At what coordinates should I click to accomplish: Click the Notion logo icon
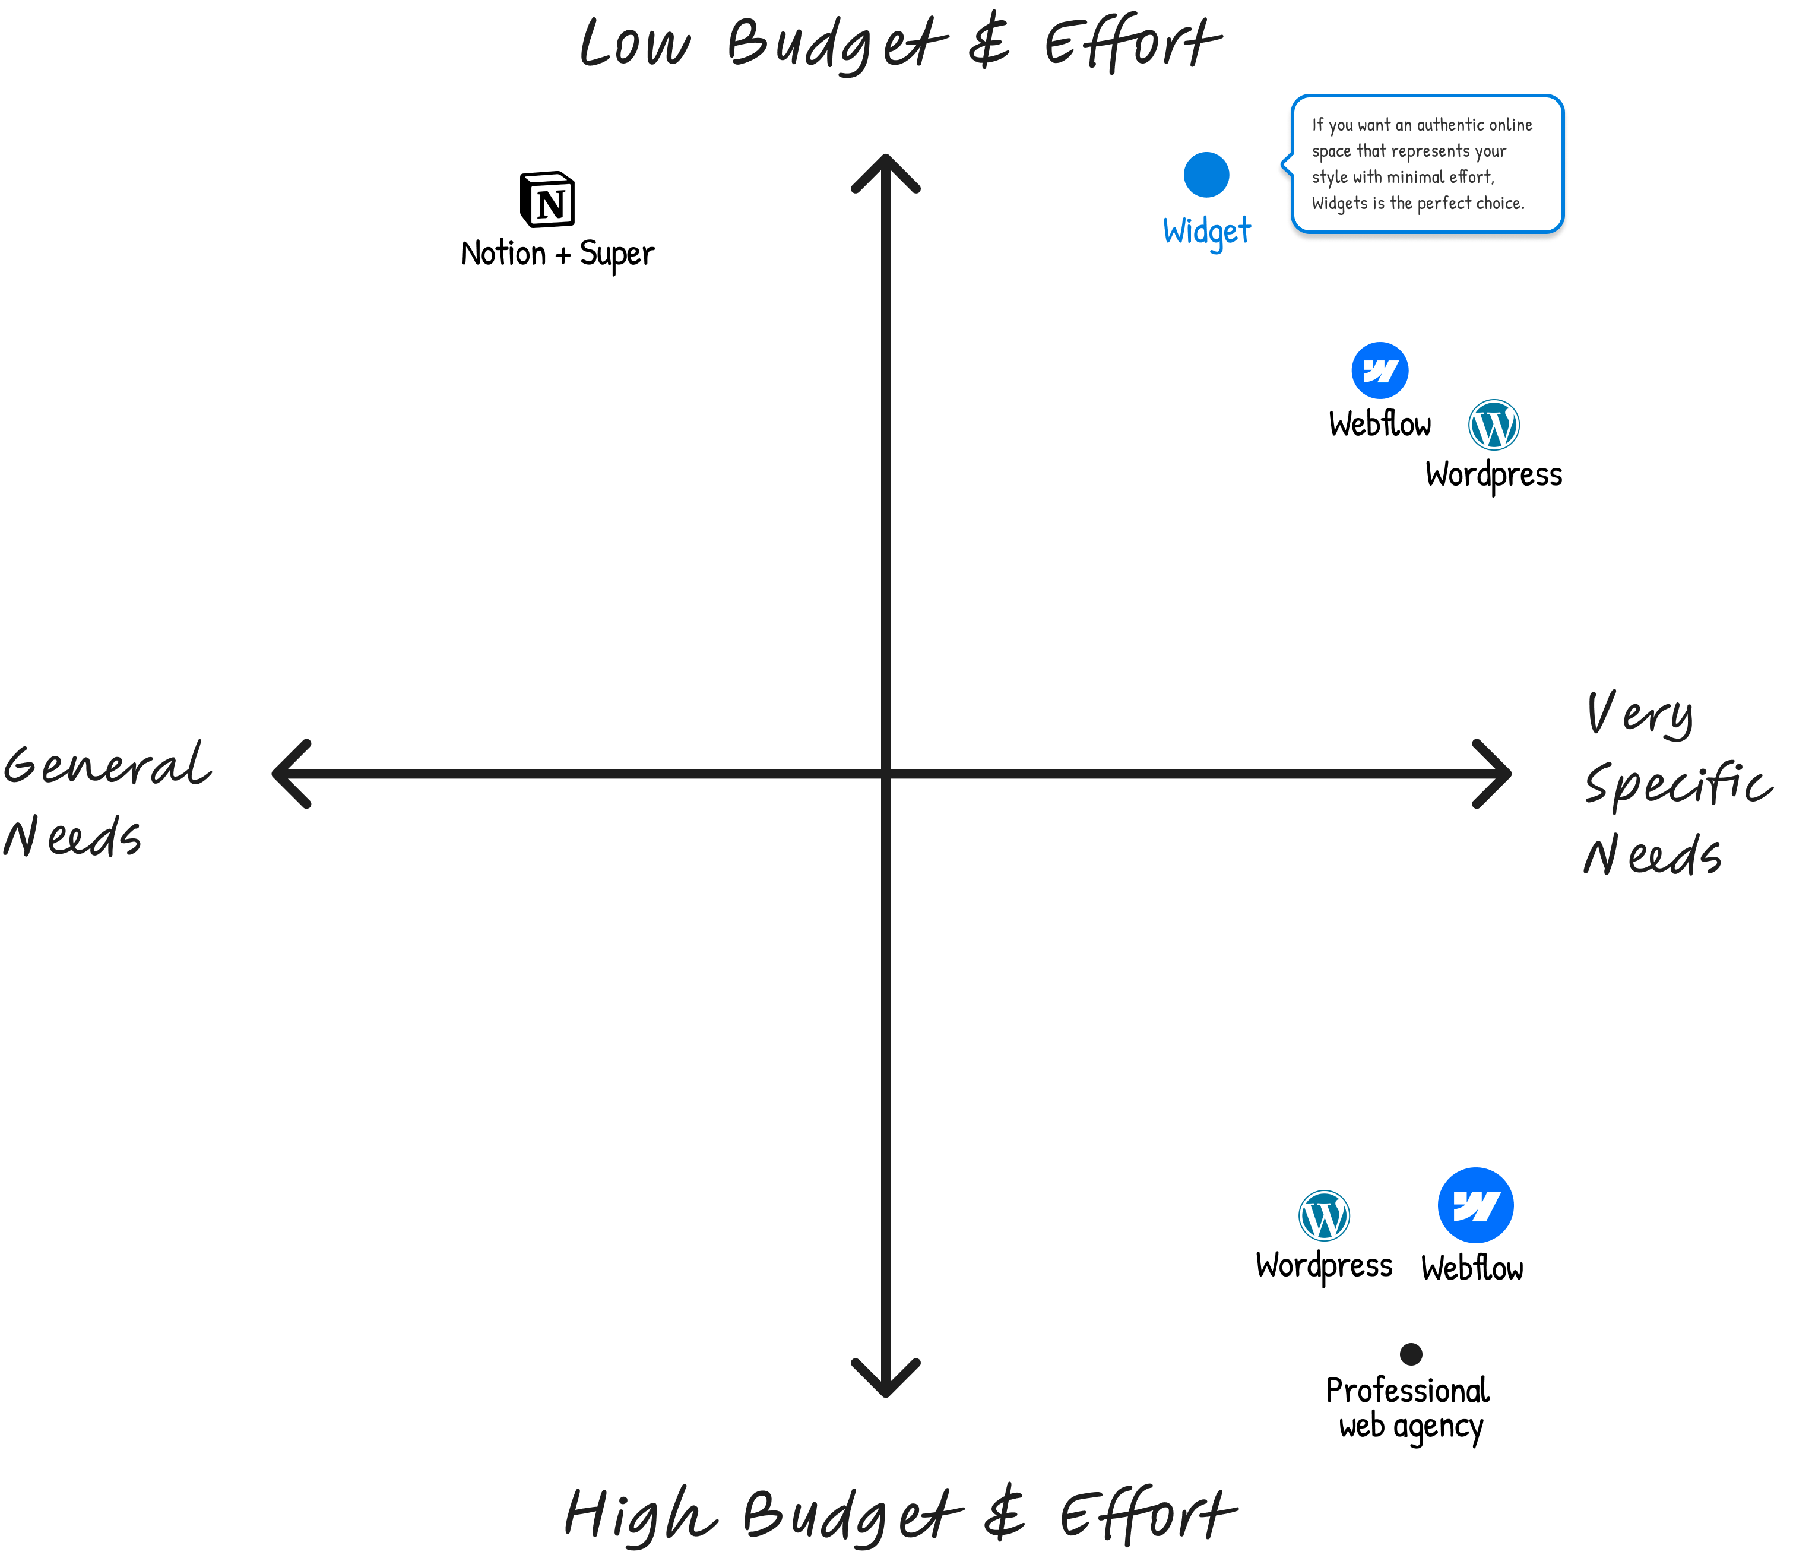549,199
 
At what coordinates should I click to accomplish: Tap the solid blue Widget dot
1206,175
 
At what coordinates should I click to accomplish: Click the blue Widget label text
1207,232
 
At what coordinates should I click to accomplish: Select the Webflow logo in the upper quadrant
1379,371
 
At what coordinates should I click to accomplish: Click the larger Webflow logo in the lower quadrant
1475,1205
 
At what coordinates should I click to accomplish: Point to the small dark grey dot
1411,1354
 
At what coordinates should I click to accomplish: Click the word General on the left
107,765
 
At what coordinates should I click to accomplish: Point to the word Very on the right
1640,713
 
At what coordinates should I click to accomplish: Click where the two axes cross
886,773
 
